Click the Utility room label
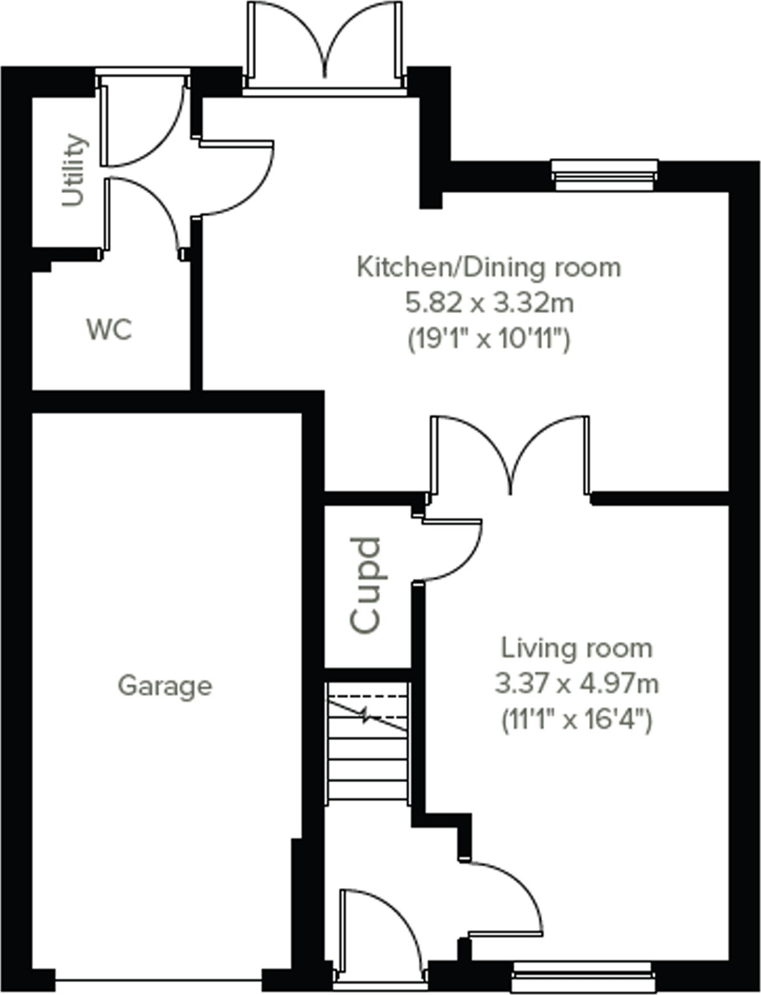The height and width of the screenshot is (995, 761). coord(74,170)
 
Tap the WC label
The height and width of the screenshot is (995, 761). coord(109,329)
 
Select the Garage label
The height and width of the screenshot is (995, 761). coord(165,685)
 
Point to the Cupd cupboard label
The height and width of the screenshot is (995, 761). coord(366,585)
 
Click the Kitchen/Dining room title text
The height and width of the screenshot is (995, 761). coord(488,267)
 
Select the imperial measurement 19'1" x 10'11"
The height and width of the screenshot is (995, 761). coord(488,340)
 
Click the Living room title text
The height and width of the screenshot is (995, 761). coord(577,648)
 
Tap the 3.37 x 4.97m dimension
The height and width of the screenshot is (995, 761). coord(577,685)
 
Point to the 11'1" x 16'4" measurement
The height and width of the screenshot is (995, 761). coord(577,721)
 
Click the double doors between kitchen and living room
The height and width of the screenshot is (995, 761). coord(510,455)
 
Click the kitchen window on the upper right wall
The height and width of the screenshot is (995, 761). coord(604,173)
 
